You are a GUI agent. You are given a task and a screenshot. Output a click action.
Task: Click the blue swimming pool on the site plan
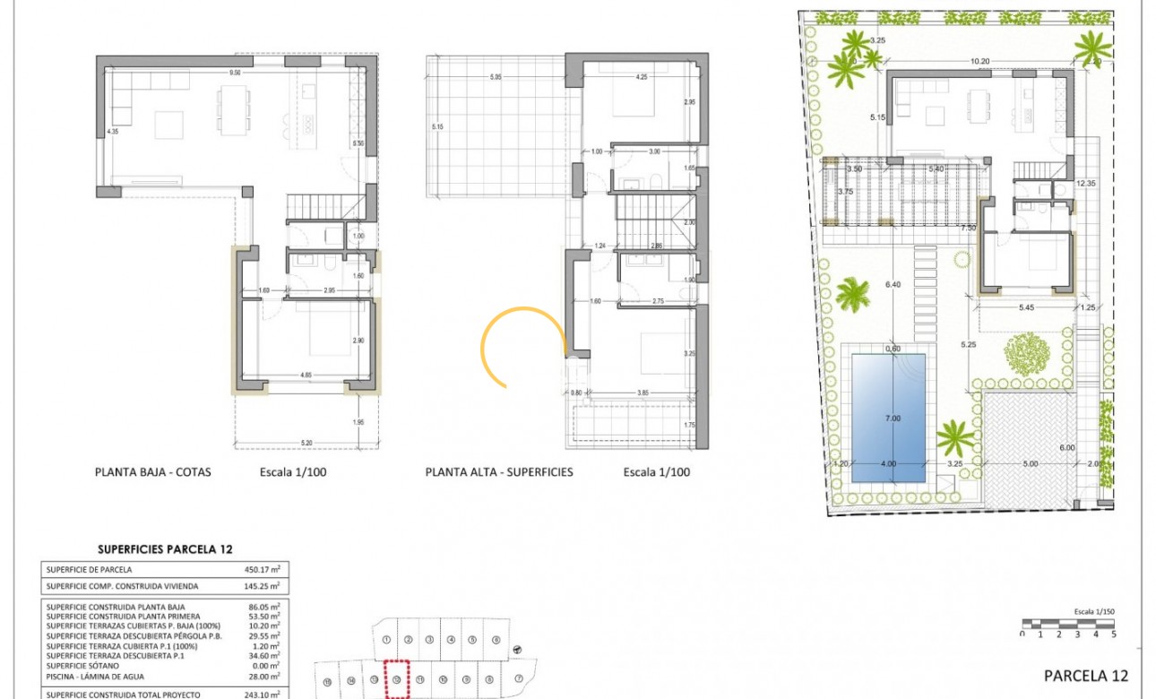click(x=887, y=417)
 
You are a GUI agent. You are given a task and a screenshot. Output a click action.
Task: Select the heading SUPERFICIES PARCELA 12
click(x=164, y=549)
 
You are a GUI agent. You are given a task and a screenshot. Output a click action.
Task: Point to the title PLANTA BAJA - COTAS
click(x=152, y=471)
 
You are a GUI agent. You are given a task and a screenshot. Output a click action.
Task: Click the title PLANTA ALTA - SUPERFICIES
click(x=498, y=471)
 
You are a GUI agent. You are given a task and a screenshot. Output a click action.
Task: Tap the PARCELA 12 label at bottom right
click(x=1086, y=676)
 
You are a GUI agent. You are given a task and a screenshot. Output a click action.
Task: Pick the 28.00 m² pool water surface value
click(x=262, y=677)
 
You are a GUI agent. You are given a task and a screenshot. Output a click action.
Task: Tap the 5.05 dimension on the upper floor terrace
click(x=496, y=77)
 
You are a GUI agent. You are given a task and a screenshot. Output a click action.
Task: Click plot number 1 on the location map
click(x=385, y=639)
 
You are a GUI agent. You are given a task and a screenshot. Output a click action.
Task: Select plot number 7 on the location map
click(x=520, y=677)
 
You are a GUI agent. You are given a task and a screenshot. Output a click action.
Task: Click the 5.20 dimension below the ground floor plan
click(x=307, y=443)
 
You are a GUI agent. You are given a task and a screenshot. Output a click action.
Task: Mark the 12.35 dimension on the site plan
click(x=1087, y=183)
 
